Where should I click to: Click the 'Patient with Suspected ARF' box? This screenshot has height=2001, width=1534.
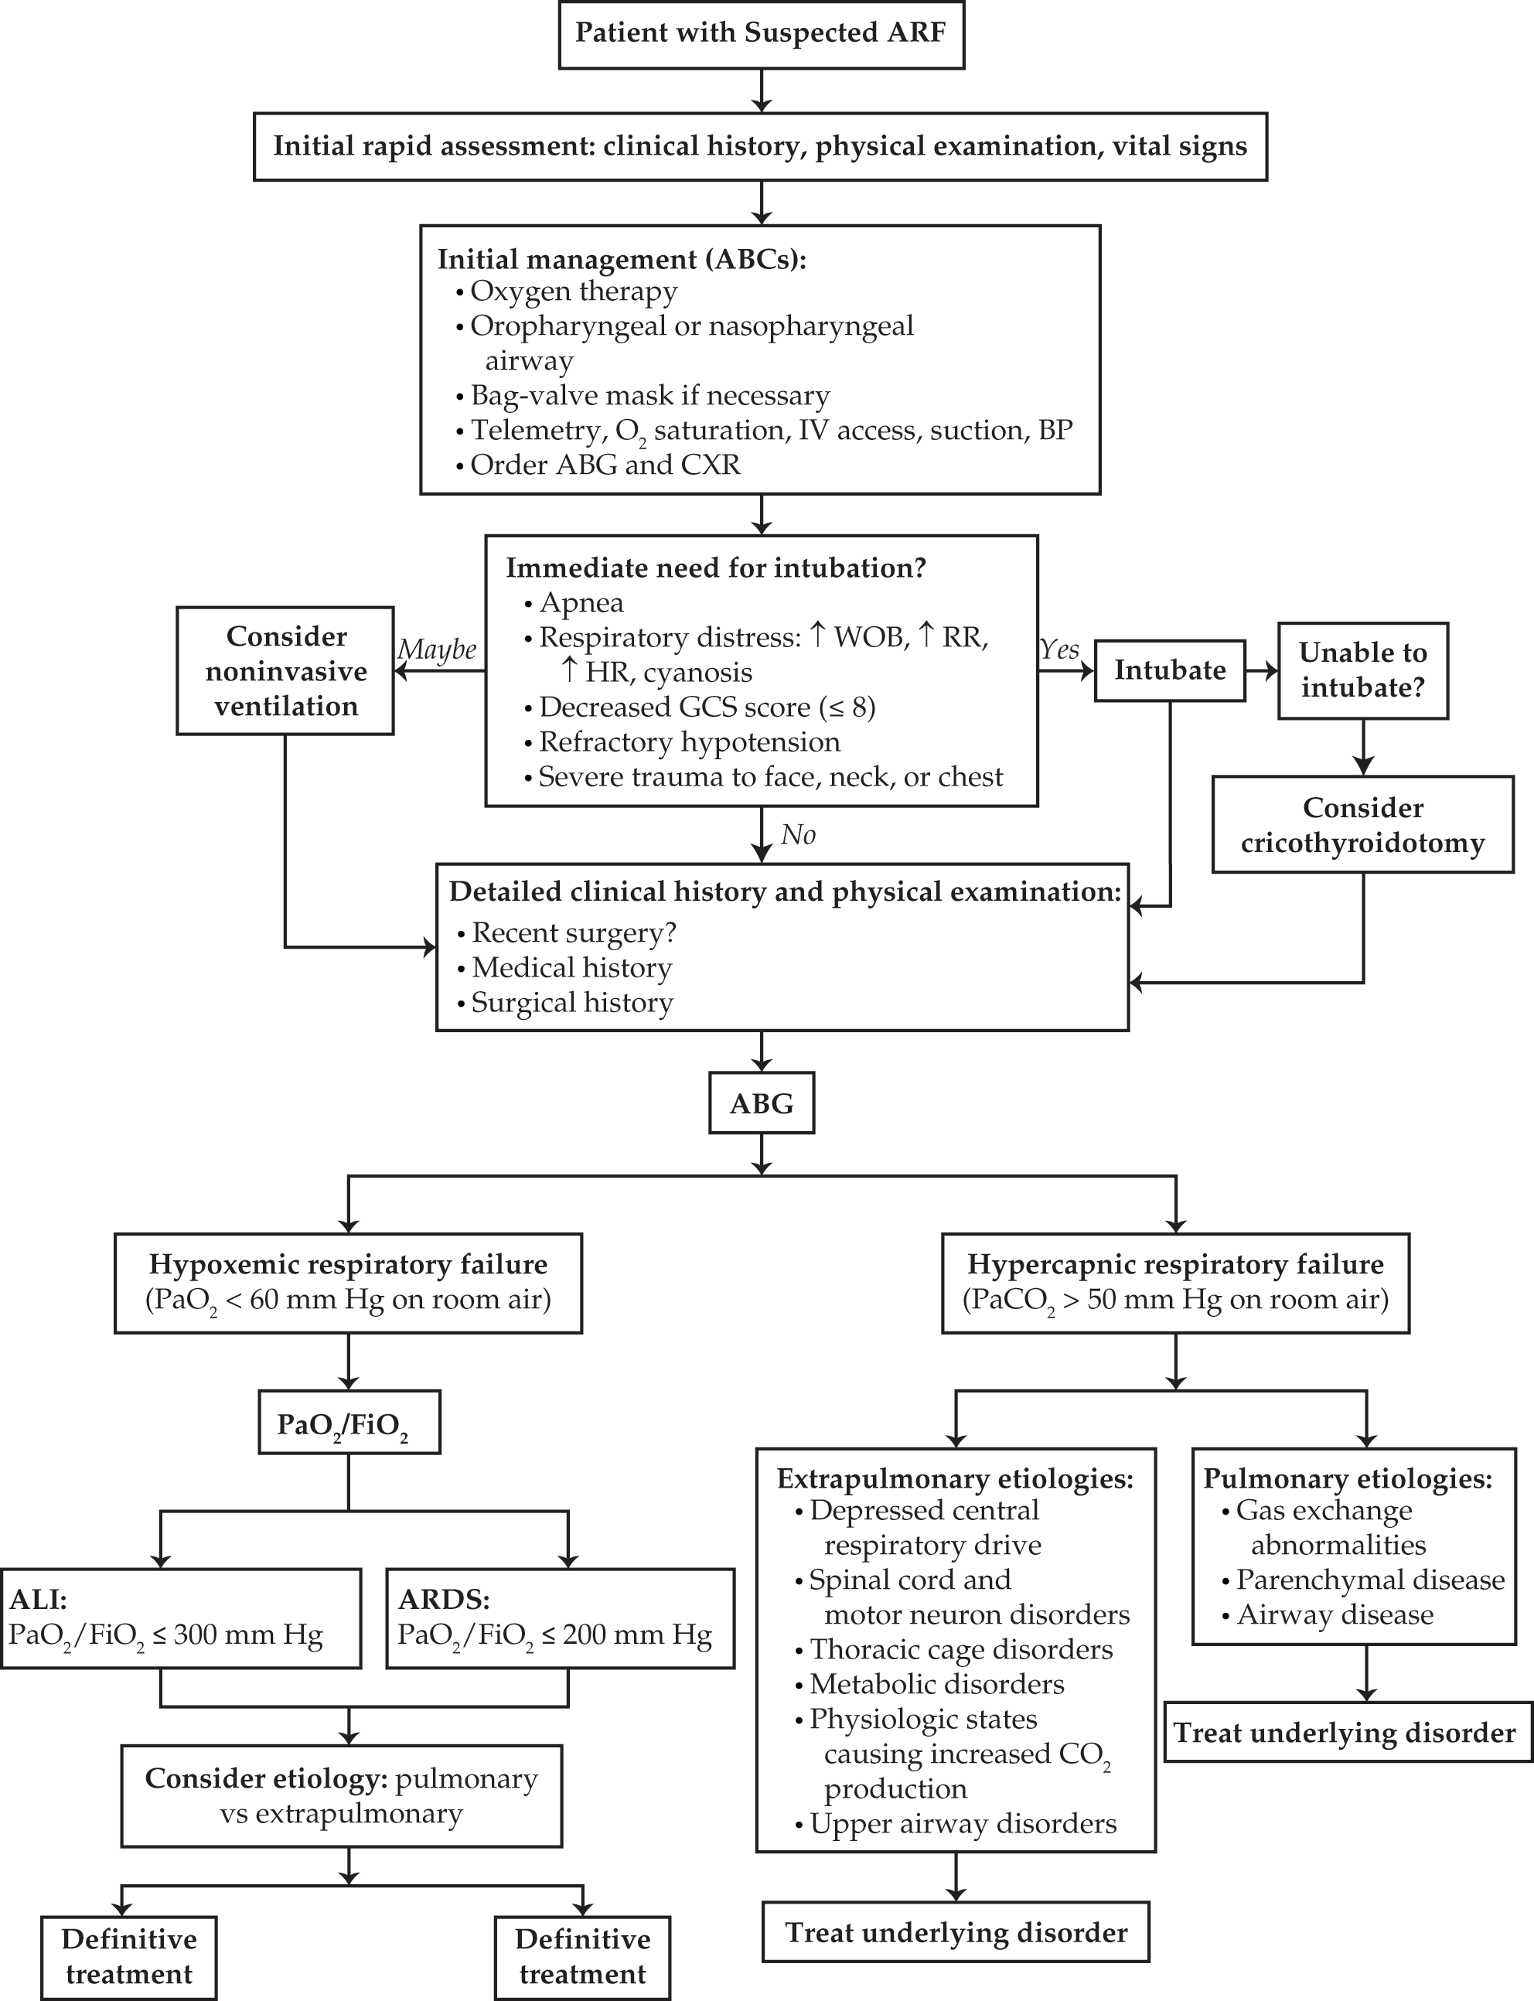pos(761,34)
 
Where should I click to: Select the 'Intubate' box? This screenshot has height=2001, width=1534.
pos(1170,670)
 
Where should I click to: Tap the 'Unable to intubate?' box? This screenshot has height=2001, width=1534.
pos(1362,670)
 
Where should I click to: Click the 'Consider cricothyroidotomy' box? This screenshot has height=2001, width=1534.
pos(1362,824)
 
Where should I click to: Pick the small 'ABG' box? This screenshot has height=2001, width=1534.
pos(762,1103)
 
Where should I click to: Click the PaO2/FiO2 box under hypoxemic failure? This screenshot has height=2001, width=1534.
pos(348,1421)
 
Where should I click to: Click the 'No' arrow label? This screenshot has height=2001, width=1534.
pos(798,834)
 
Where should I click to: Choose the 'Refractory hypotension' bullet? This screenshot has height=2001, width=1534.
pos(681,741)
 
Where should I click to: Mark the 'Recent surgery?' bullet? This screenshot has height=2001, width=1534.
pos(566,933)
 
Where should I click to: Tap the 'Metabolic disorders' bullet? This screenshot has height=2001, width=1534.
pos(929,1683)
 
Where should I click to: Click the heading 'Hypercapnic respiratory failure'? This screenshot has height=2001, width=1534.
pos(1175,1263)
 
